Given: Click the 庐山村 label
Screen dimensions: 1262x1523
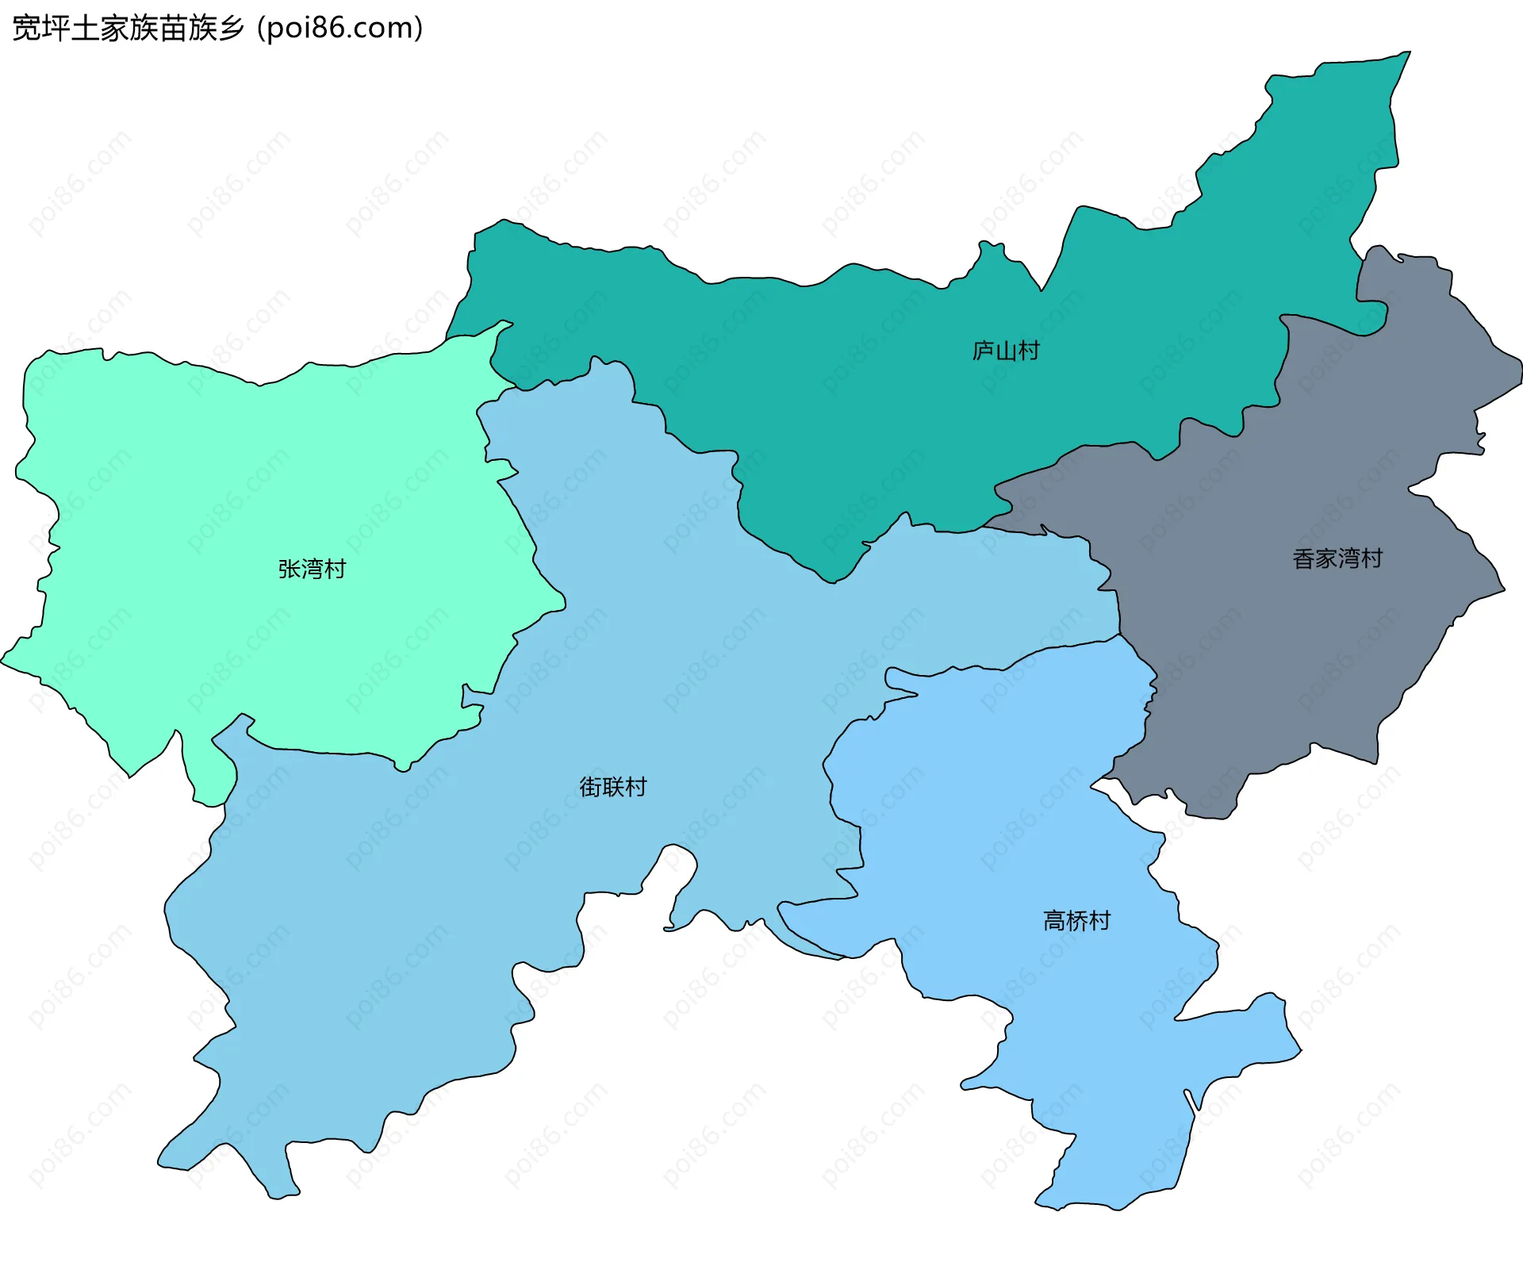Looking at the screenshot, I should (1006, 351).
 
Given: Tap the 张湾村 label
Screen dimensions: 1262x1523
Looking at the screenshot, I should (312, 569).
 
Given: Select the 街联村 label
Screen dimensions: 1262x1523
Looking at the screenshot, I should (613, 787).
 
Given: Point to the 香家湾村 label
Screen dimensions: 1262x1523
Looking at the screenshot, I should (1337, 558).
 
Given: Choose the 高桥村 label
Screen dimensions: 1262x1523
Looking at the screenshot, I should (1076, 921).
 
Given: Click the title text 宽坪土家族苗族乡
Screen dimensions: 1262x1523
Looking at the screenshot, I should (129, 29).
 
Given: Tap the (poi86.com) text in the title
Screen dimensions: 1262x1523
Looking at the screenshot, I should (340, 29).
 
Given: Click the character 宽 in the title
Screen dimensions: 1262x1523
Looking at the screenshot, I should (26, 29).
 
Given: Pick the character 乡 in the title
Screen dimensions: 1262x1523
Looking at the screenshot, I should (231, 29).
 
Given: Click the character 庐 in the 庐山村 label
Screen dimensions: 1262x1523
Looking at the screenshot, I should (984, 351).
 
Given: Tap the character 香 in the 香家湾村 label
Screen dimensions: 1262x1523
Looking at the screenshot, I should (1304, 558).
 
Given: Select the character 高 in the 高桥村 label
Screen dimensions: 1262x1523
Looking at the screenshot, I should (1054, 921).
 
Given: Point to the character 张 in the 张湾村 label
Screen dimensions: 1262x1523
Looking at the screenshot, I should (290, 569).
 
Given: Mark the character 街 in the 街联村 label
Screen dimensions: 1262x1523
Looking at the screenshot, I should (591, 787).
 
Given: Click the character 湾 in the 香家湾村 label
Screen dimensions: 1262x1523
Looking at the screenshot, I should (1348, 558).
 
